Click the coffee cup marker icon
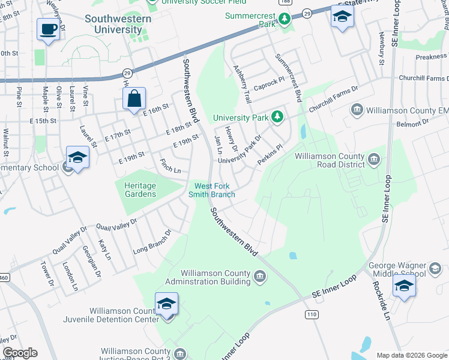tap(48, 28)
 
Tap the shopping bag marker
tap(134, 98)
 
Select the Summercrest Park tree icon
tap(284, 20)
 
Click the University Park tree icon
tap(277, 116)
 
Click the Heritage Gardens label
tap(140, 190)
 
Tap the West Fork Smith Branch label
tap(211, 190)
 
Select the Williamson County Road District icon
tap(373, 159)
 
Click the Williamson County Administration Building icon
tap(259, 277)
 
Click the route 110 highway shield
tap(311, 314)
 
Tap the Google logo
tap(20, 353)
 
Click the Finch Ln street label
tap(170, 166)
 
